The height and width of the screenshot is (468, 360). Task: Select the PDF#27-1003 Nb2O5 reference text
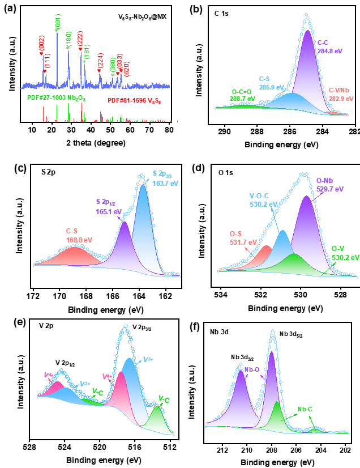coord(57,98)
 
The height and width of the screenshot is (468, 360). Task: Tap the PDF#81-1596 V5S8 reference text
coord(134,101)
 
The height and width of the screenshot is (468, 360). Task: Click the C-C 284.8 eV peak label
coord(329,47)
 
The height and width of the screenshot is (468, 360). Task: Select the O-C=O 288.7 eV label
coord(242,95)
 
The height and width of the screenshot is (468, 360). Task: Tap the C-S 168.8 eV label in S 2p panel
coord(79,236)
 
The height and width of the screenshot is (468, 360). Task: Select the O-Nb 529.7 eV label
coord(329,185)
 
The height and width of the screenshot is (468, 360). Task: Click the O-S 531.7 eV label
coord(243,238)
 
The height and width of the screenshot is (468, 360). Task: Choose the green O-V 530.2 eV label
coord(345,253)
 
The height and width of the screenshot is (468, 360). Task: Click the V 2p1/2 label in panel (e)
coord(65,364)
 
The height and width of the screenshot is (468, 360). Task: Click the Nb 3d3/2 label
coord(242,358)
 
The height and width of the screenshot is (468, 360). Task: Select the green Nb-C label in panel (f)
coord(305,409)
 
